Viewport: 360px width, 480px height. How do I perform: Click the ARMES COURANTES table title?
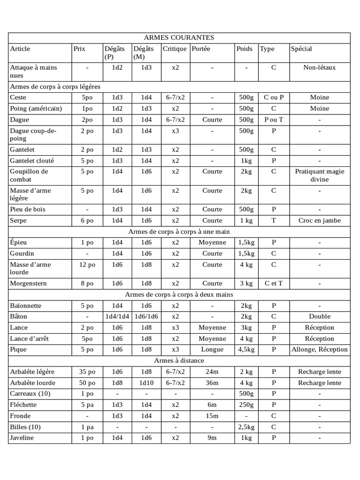pyautogui.click(x=179, y=37)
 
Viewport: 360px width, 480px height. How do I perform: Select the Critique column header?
pyautogui.click(x=175, y=49)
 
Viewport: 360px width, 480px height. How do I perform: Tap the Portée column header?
pyautogui.click(x=201, y=49)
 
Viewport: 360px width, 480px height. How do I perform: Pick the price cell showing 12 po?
pyautogui.click(x=87, y=265)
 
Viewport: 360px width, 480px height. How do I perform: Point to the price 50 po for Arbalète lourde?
pyautogui.click(x=87, y=382)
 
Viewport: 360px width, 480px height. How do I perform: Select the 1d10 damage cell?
pyautogui.click(x=147, y=382)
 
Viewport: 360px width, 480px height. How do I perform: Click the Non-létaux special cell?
pyautogui.click(x=320, y=67)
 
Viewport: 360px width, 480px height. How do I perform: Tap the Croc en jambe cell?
pyautogui.click(x=320, y=220)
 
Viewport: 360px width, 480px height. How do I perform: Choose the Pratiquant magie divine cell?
pyautogui.click(x=320, y=175)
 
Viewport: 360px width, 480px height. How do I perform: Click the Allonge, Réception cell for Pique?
pyautogui.click(x=320, y=349)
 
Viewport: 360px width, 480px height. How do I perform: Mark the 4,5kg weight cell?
pyautogui.click(x=246, y=349)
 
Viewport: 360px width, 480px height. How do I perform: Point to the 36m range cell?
pyautogui.click(x=212, y=382)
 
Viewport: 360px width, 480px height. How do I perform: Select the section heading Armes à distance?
pyautogui.click(x=179, y=360)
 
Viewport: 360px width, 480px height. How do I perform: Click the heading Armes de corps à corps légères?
pyautogui.click(x=55, y=87)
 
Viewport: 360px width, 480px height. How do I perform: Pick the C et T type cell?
pyautogui.click(x=274, y=284)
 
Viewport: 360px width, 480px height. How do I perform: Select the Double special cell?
pyautogui.click(x=320, y=316)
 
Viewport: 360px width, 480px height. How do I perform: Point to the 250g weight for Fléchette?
pyautogui.click(x=246, y=405)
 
